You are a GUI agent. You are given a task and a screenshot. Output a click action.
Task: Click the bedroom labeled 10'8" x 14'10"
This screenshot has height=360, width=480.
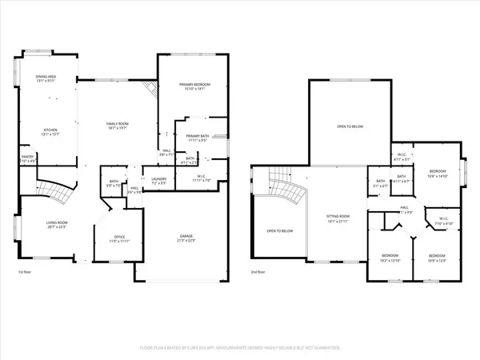click(437, 173)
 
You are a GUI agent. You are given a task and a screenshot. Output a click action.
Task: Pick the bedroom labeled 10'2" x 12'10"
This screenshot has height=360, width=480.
click(390, 258)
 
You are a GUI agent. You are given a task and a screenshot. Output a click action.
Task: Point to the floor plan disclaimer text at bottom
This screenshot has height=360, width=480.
click(240, 349)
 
